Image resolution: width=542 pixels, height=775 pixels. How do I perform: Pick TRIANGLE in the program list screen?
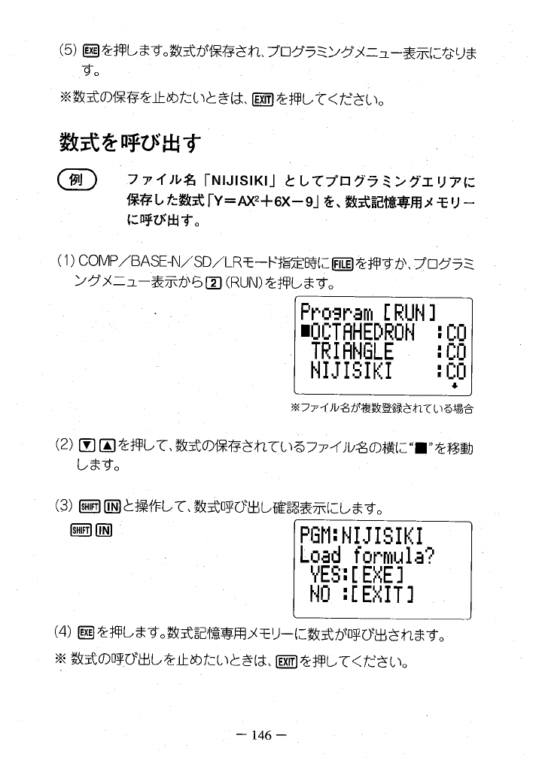coord(352,352)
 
